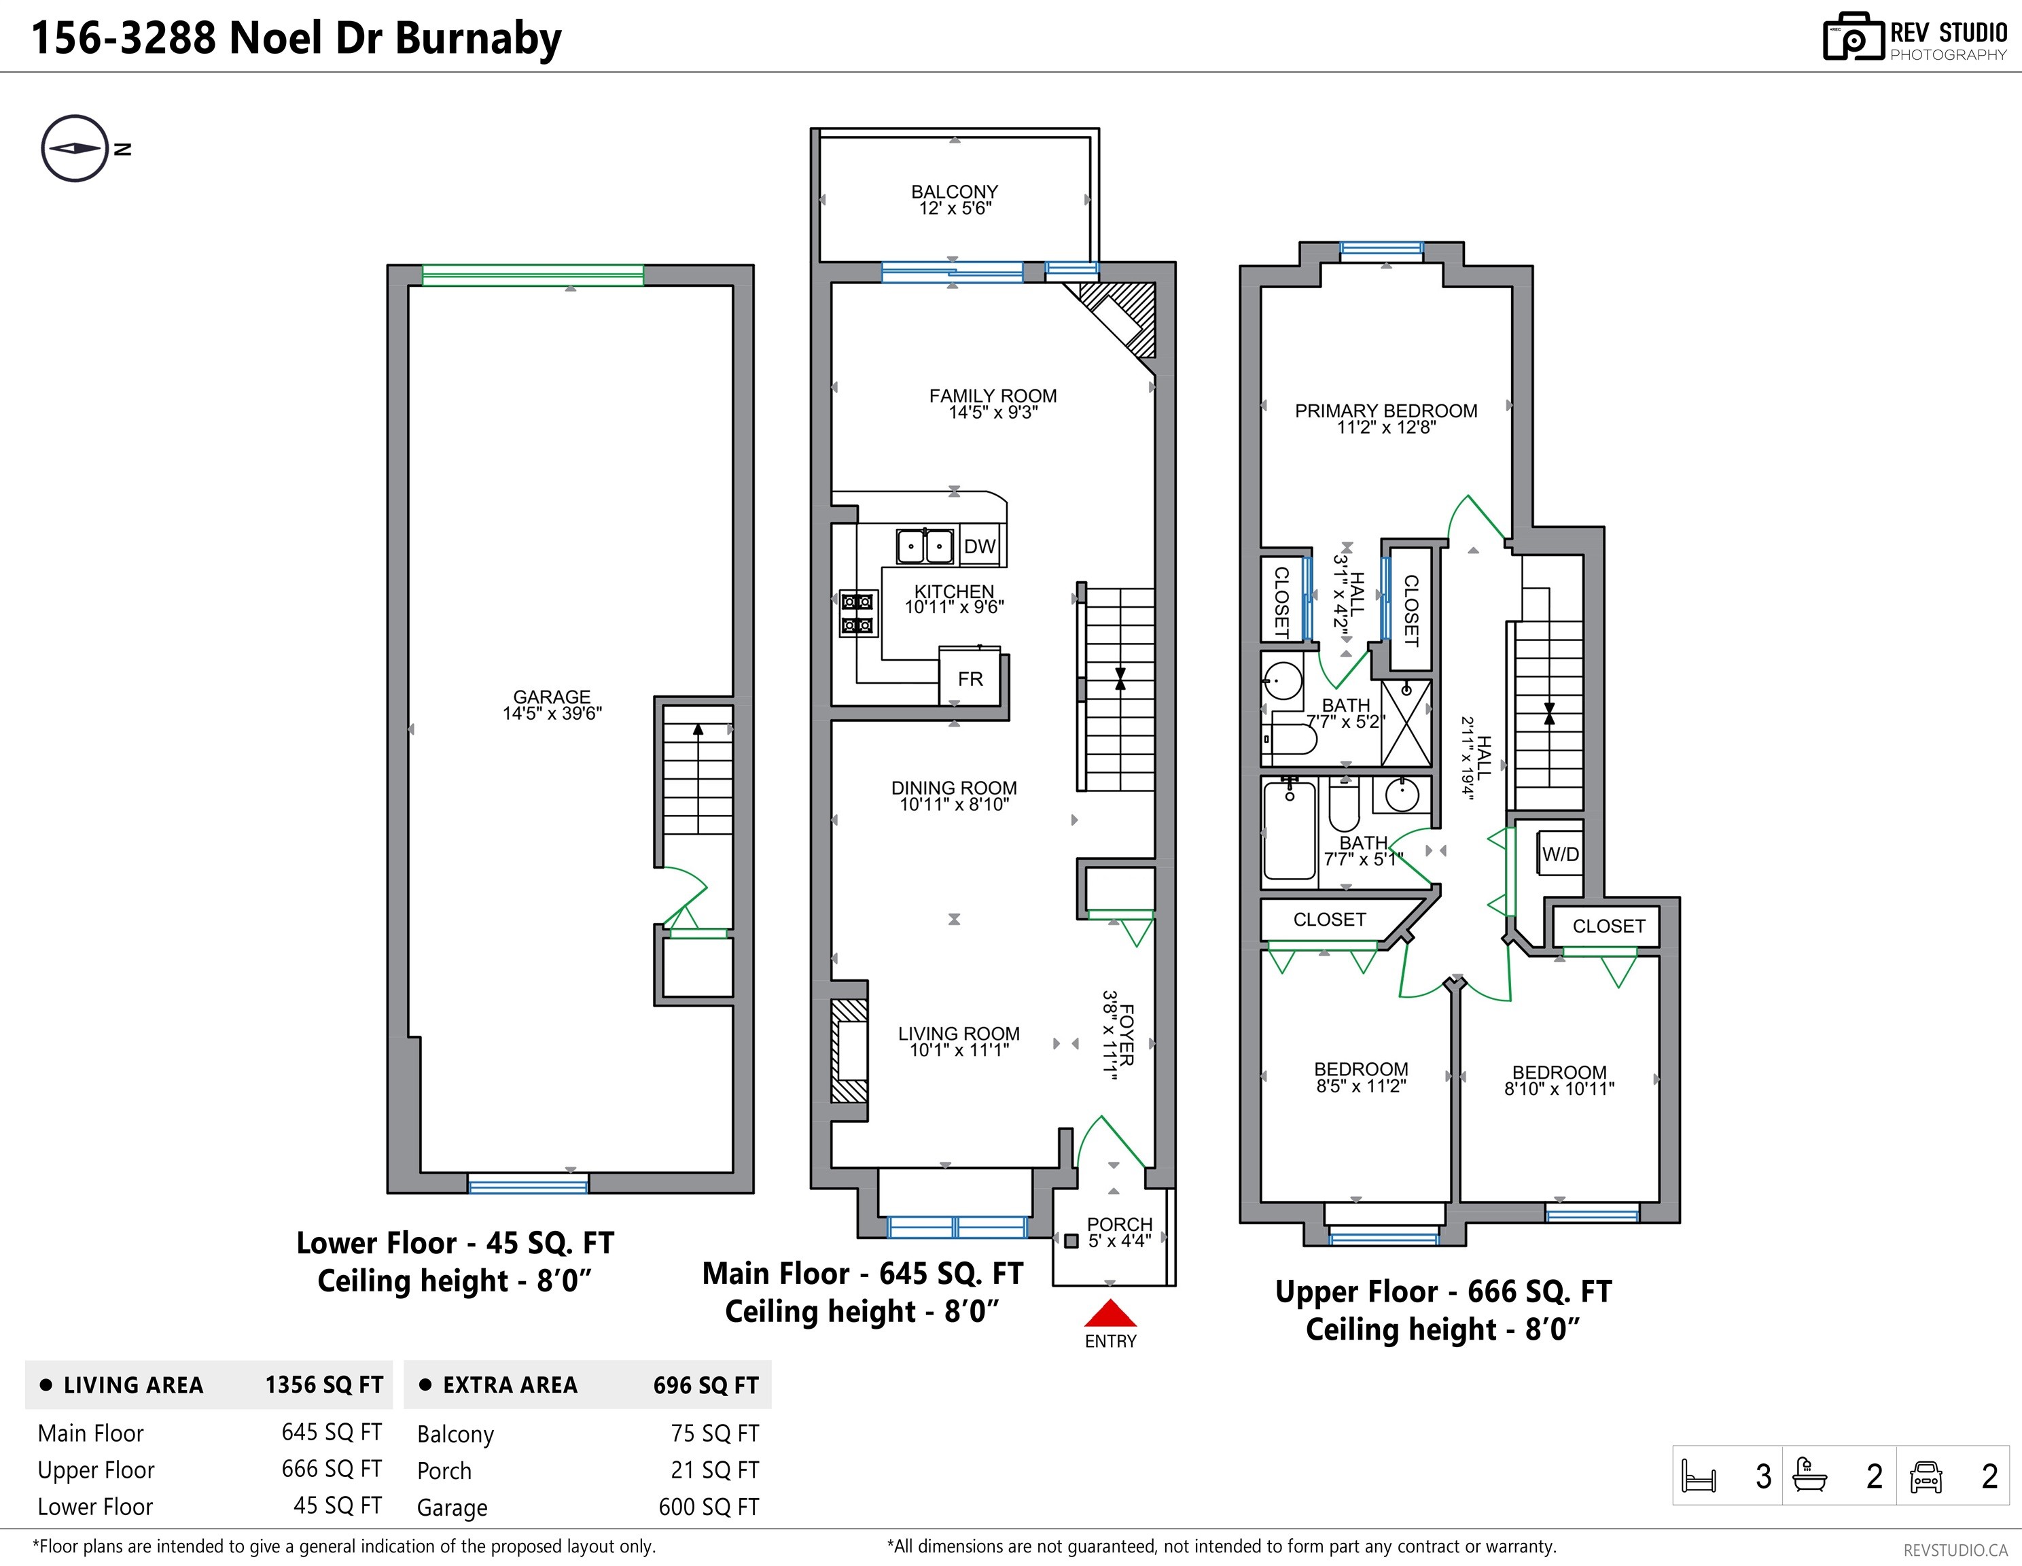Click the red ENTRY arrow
pos(1110,1313)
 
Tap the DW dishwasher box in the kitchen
pos(980,546)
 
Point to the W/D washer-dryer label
pos(1560,854)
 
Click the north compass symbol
pos(75,148)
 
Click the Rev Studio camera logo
pos(1853,38)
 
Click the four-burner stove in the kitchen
pos(857,614)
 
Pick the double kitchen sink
pos(925,546)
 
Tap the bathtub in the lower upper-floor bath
pos(1289,831)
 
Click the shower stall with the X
pos(1405,723)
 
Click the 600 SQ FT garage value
pos(708,1507)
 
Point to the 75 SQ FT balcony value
pos(715,1433)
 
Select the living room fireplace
pos(849,1050)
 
